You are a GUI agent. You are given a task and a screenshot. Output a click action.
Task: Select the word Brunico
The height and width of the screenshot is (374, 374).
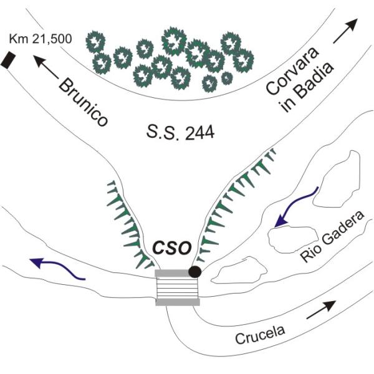(84, 102)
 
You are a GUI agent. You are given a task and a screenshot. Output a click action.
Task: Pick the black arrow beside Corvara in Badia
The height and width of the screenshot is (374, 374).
(346, 31)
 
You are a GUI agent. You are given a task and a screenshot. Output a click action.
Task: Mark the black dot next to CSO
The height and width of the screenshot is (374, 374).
(195, 271)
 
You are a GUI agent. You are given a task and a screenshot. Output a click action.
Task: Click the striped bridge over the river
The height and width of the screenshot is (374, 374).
(178, 287)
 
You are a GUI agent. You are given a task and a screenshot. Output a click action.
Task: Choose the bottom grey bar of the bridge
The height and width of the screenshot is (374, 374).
(178, 302)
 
